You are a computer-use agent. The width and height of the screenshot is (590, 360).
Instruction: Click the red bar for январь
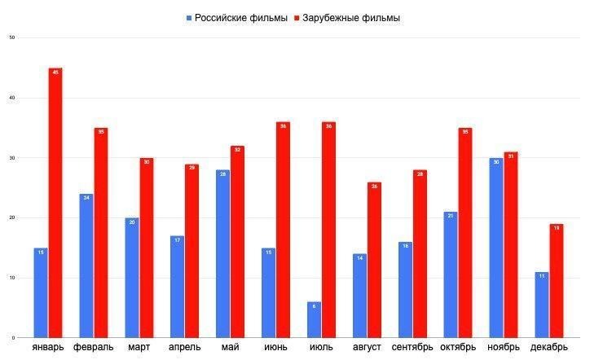point(55,203)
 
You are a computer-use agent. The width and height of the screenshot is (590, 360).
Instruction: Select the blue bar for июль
point(314,320)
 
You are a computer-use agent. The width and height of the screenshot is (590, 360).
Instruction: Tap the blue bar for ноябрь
point(496,248)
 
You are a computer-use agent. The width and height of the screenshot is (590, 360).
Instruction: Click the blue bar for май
point(222,253)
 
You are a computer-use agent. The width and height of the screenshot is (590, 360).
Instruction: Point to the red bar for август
point(374,260)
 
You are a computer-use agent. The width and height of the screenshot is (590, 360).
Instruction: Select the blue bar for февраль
point(86,266)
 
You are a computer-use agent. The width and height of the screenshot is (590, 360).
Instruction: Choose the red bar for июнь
point(283,230)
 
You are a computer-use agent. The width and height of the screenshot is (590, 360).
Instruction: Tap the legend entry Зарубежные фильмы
point(351,18)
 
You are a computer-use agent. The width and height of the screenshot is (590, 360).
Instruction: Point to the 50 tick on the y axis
point(11,37)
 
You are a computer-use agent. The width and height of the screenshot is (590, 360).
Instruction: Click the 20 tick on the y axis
point(11,217)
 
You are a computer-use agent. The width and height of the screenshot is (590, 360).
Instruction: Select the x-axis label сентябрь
point(412,348)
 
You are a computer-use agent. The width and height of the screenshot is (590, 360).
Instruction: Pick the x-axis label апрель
point(184,348)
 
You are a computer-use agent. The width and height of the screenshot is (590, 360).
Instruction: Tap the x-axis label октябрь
point(457,348)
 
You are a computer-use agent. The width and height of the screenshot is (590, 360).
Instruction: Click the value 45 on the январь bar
point(55,72)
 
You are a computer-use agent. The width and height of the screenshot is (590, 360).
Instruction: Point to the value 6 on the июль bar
point(314,306)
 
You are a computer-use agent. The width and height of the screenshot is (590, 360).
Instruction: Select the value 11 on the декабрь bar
point(541,276)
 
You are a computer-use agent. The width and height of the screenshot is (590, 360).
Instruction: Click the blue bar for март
point(132,278)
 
